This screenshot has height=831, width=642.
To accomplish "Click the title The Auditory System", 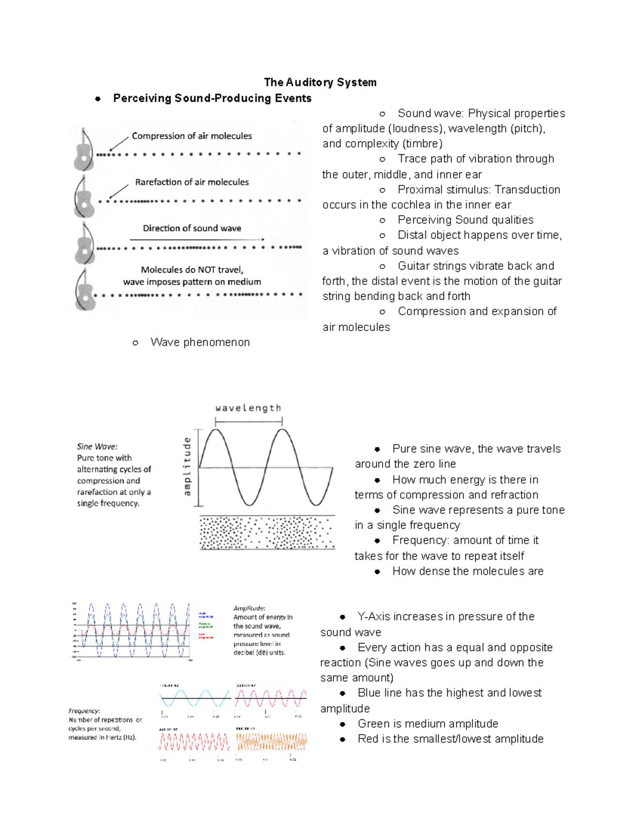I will click(320, 82).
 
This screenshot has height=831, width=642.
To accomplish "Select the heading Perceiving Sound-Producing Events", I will click(212, 98).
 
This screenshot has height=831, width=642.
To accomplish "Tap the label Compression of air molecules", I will click(192, 136).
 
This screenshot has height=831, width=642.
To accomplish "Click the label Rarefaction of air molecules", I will click(192, 182).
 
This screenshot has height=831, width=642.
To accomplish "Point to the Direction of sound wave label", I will click(192, 228).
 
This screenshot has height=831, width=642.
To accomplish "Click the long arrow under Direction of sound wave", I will click(197, 239).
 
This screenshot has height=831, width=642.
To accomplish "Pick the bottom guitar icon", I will click(85, 290).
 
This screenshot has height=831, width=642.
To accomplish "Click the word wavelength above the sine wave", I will click(248, 408).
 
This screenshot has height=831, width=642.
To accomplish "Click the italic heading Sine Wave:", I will click(97, 446).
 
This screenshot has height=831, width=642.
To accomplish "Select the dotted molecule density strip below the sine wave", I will click(267, 533).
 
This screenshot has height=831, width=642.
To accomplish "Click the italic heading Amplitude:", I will click(249, 608).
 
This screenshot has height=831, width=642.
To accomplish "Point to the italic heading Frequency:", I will click(84, 711).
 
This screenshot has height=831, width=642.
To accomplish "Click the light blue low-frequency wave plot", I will click(195, 698).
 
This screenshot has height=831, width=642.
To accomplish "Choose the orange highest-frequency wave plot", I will click(271, 742).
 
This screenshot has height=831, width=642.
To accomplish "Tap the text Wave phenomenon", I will click(200, 342).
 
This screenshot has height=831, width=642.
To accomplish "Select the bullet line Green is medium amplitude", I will click(427, 724).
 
